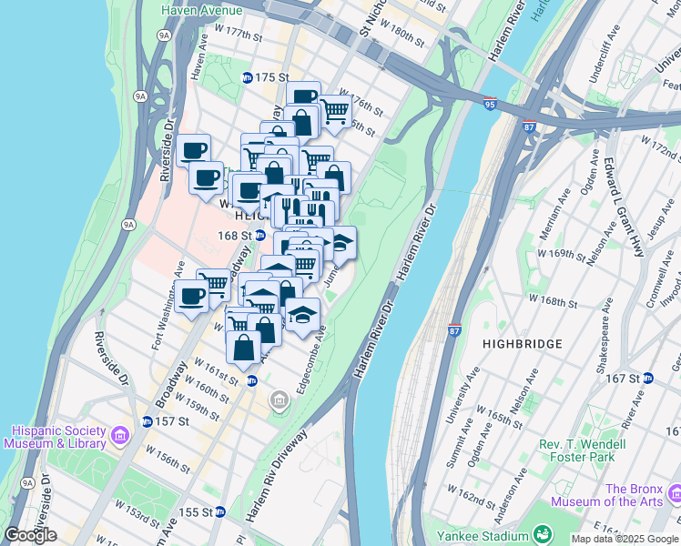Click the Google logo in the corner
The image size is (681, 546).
point(30,535)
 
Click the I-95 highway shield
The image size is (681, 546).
point(490,105)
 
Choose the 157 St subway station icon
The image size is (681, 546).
point(147,421)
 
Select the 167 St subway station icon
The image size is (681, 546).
point(648,378)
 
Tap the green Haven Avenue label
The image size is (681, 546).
point(201,11)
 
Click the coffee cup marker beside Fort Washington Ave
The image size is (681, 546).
point(191,296)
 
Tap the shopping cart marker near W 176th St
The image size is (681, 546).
point(334,111)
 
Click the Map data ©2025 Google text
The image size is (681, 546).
point(625,539)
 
